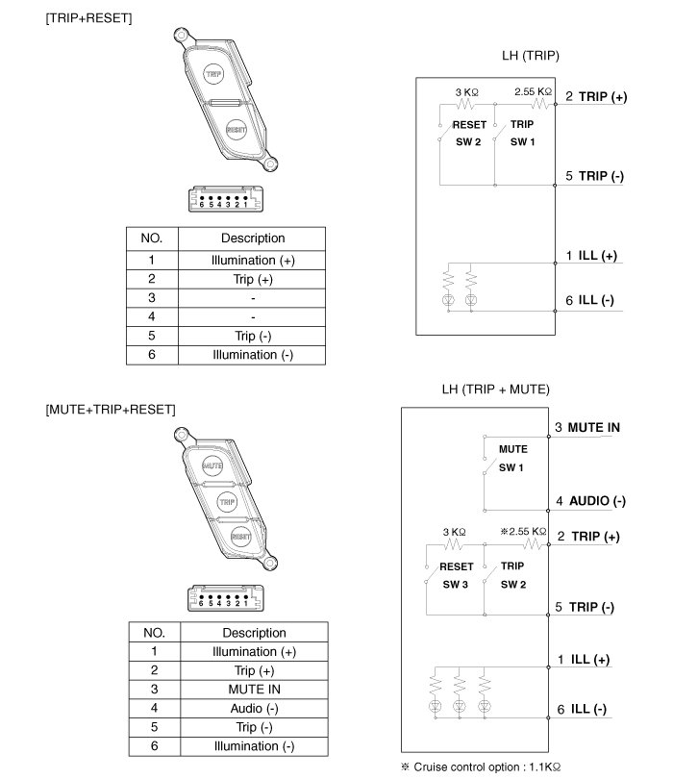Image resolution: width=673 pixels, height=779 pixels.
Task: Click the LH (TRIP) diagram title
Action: pos(530,56)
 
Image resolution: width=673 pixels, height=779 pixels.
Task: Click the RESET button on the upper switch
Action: pos(236,129)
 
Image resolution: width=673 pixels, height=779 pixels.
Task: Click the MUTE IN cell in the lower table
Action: pos(253,689)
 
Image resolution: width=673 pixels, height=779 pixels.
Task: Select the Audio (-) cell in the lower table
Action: pos(253,708)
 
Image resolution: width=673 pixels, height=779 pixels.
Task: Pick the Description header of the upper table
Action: pos(253,239)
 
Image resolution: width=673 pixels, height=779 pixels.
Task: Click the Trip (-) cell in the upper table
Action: pos(253,336)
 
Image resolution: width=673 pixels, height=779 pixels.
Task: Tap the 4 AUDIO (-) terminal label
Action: pos(590,501)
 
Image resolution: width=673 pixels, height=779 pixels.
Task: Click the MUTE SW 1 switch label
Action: pos(512,458)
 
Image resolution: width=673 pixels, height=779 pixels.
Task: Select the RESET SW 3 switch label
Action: pos(456,575)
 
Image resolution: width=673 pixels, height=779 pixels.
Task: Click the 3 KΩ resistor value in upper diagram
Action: pos(467,92)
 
